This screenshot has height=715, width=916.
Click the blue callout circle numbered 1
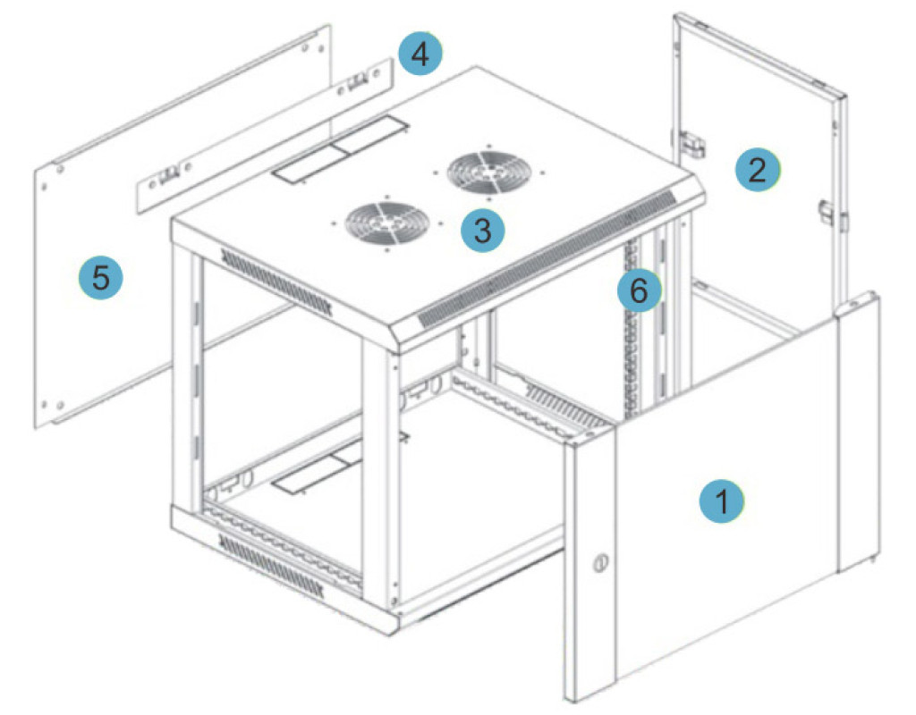[x=722, y=500]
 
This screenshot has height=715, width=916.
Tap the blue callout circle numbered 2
[x=757, y=170]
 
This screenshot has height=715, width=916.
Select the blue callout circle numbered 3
[x=482, y=231]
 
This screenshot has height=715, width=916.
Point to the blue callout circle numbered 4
[x=420, y=53]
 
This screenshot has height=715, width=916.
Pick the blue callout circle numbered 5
[x=101, y=277]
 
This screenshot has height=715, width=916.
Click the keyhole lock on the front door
[x=598, y=564]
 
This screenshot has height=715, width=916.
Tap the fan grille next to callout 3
[x=386, y=223]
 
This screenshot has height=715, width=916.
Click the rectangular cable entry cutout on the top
[x=340, y=149]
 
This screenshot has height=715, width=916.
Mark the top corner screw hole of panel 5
[x=304, y=48]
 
